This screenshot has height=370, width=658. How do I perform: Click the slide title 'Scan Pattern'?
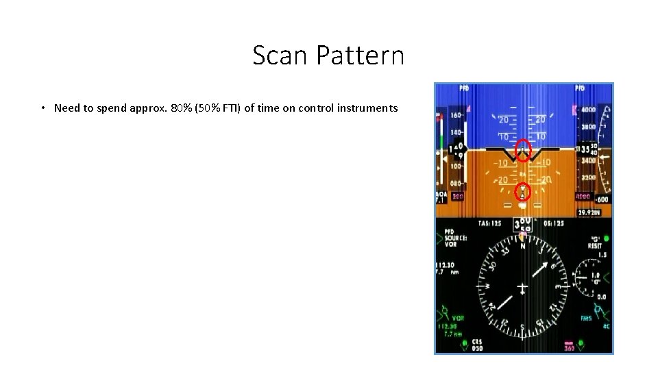pyautogui.click(x=328, y=56)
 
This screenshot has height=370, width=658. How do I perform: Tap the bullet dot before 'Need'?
pyautogui.click(x=42, y=108)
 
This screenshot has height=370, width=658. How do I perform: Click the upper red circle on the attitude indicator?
pyautogui.click(x=523, y=149)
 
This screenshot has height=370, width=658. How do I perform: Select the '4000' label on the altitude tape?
pyautogui.click(x=587, y=110)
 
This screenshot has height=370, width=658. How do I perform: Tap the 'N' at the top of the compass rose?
pyautogui.click(x=523, y=246)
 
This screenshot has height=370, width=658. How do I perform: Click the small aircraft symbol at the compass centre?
pyautogui.click(x=522, y=288)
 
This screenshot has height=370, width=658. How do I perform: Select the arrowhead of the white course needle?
pyautogui.click(x=548, y=264)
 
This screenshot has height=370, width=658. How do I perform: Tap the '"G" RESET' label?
pyautogui.click(x=594, y=243)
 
